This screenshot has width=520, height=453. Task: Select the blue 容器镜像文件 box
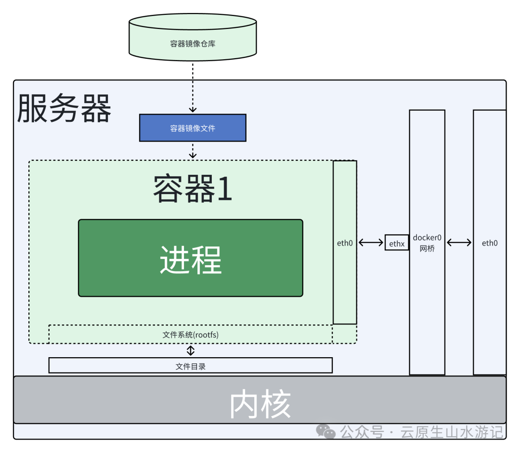pos(193,128)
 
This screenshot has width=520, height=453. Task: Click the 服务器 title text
pos(64,109)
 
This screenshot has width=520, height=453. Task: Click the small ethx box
pos(397,244)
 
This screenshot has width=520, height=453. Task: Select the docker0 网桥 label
pos(427,244)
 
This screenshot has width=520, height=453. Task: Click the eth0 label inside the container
pos(345,243)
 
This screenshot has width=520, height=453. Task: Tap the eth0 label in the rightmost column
pos(490,243)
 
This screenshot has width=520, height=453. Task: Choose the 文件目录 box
pos(191,366)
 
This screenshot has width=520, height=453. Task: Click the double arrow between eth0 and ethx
pos(371,243)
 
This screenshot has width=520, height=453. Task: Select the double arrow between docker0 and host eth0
pos(459,243)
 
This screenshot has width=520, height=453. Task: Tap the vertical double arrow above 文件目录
pos(191,350)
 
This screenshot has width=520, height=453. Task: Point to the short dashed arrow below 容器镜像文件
pos(193,151)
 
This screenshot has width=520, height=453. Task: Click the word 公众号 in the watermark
pos(362,432)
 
